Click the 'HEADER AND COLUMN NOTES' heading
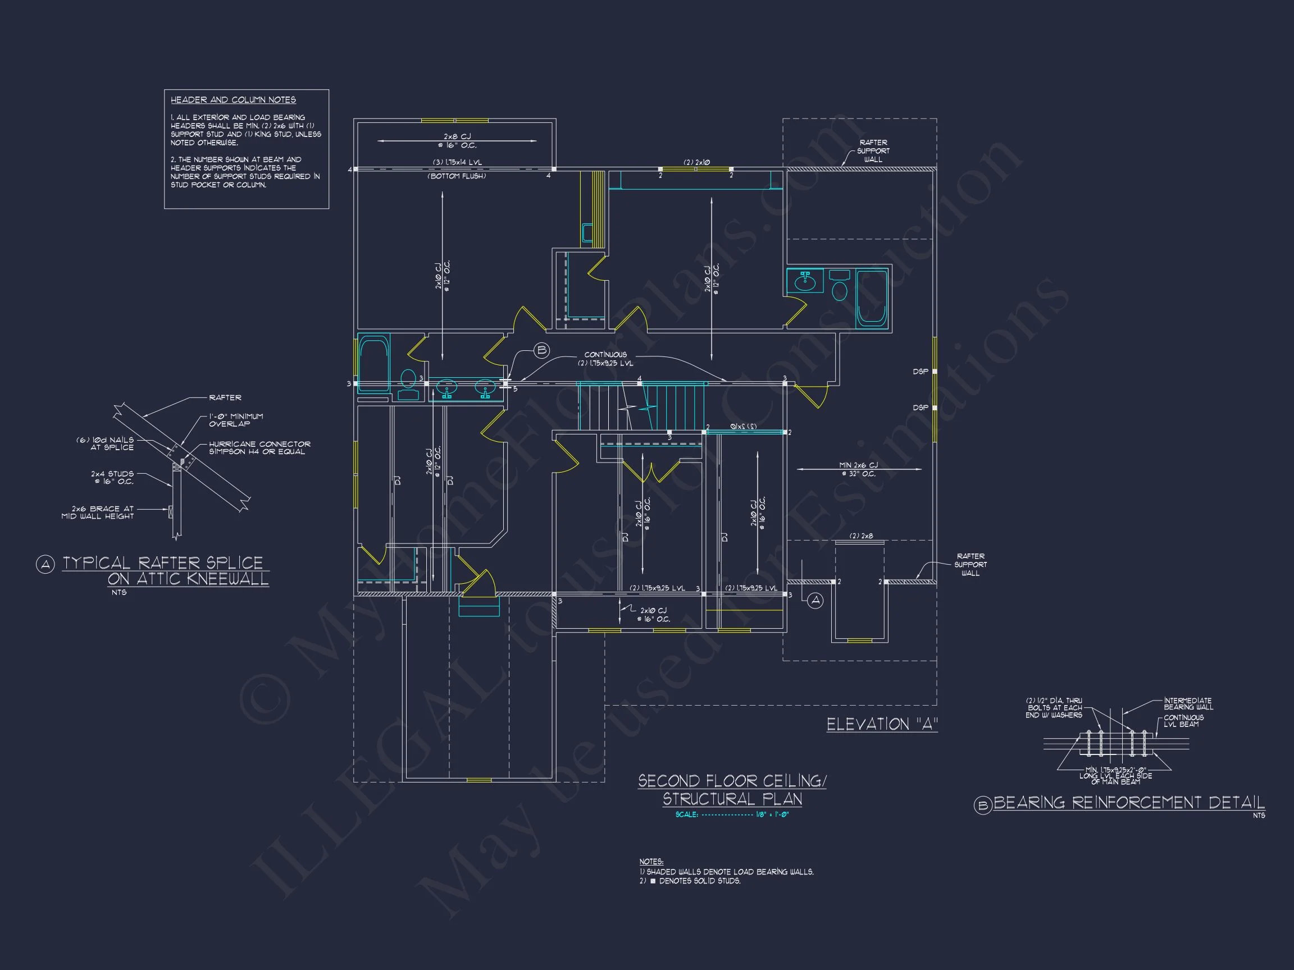point(233,100)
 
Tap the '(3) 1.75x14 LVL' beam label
point(458,162)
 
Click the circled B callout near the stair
point(542,350)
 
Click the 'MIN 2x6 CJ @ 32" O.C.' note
point(858,469)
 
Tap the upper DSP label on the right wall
point(920,372)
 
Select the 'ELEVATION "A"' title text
point(882,725)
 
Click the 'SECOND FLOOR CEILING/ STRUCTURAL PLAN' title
point(732,790)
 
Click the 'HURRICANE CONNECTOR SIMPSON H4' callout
point(259,448)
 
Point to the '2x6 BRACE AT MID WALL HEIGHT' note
point(98,512)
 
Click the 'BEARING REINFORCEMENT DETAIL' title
point(1128,802)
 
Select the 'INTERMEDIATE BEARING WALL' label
point(1187,703)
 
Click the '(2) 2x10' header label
point(696,162)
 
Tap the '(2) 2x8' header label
point(861,536)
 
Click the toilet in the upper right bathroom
point(840,287)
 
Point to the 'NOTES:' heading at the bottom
point(651,862)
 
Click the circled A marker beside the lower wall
point(815,601)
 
